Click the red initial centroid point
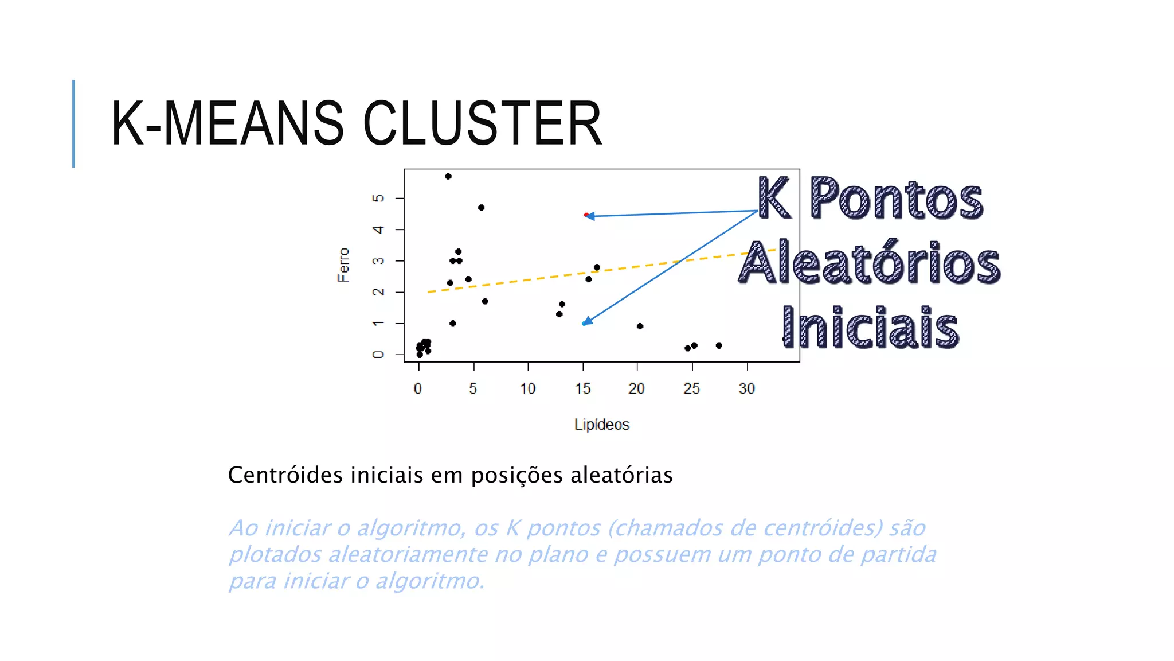point(585,215)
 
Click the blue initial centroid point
point(584,324)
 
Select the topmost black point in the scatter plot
point(448,176)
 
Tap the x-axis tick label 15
point(582,388)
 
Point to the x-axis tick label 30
point(746,388)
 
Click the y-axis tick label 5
point(378,198)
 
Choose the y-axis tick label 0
point(378,355)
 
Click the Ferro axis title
point(343,265)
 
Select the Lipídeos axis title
point(601,425)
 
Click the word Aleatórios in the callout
point(870,263)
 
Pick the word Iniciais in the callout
point(870,328)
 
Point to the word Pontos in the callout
point(897,199)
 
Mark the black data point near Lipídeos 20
point(640,326)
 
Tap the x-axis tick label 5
point(473,388)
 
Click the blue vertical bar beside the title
point(73,123)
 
